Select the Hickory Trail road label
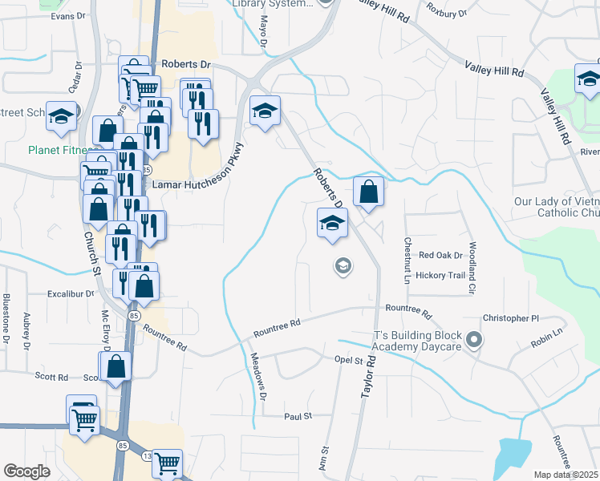coord(440,275)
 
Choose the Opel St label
coord(348,361)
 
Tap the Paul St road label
coord(298,417)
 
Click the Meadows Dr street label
coord(257,377)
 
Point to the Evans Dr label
coord(68,16)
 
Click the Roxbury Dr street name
coord(447,13)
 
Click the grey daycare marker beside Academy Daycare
coord(474,340)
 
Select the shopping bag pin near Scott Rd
coord(117,366)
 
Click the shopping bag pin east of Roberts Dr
coord(367,192)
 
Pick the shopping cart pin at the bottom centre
coord(167,463)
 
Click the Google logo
coord(26,471)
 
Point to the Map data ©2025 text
coord(566,475)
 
